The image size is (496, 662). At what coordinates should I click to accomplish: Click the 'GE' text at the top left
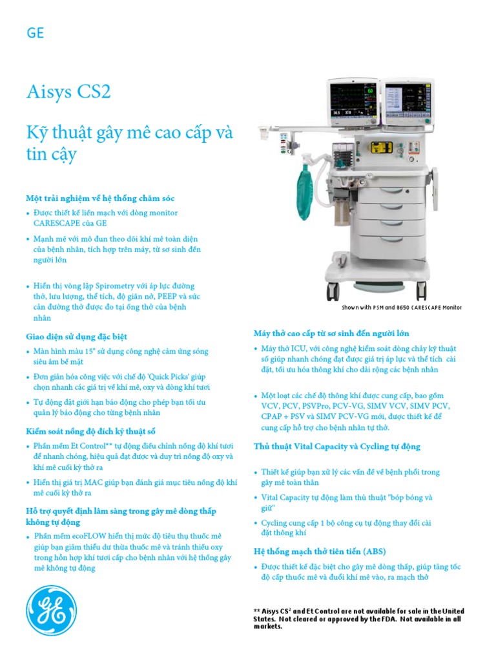tap(35, 33)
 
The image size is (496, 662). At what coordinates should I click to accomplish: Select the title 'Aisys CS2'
tap(68, 92)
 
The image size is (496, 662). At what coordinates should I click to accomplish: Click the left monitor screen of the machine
tap(354, 103)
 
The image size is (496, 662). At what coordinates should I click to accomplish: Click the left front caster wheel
tap(333, 292)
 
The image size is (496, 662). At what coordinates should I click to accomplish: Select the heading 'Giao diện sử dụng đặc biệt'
tap(76, 336)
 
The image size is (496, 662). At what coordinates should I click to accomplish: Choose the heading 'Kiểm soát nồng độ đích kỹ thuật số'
tap(90, 431)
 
